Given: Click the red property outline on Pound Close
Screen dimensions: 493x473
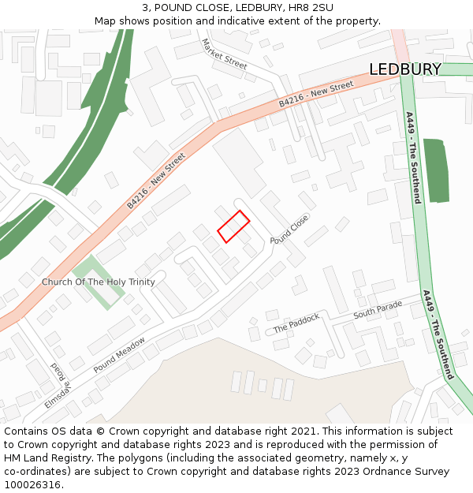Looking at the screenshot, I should pyautogui.click(x=233, y=226).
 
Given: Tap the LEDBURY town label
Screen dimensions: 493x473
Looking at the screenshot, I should pyautogui.click(x=405, y=69).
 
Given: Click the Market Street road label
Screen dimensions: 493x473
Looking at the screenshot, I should pyautogui.click(x=224, y=54).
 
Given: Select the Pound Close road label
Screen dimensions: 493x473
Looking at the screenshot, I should pyautogui.click(x=289, y=229).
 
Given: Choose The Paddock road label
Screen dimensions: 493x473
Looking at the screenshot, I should pyautogui.click(x=296, y=323).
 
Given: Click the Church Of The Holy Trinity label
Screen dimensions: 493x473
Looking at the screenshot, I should pyautogui.click(x=99, y=282).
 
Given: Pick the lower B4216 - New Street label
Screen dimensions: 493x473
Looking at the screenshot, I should pyautogui.click(x=155, y=181).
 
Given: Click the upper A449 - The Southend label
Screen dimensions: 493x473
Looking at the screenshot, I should pyautogui.click(x=413, y=157).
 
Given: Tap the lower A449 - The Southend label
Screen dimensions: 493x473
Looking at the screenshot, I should pyautogui.click(x=438, y=335).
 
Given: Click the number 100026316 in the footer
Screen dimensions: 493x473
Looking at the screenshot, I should pyautogui.click(x=32, y=484).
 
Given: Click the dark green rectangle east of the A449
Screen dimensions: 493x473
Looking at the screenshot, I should pyautogui.click(x=435, y=170).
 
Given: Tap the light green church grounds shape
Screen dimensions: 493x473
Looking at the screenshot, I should pyautogui.click(x=97, y=282).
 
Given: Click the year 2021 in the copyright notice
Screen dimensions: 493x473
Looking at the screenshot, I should pyautogui.click(x=304, y=431).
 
